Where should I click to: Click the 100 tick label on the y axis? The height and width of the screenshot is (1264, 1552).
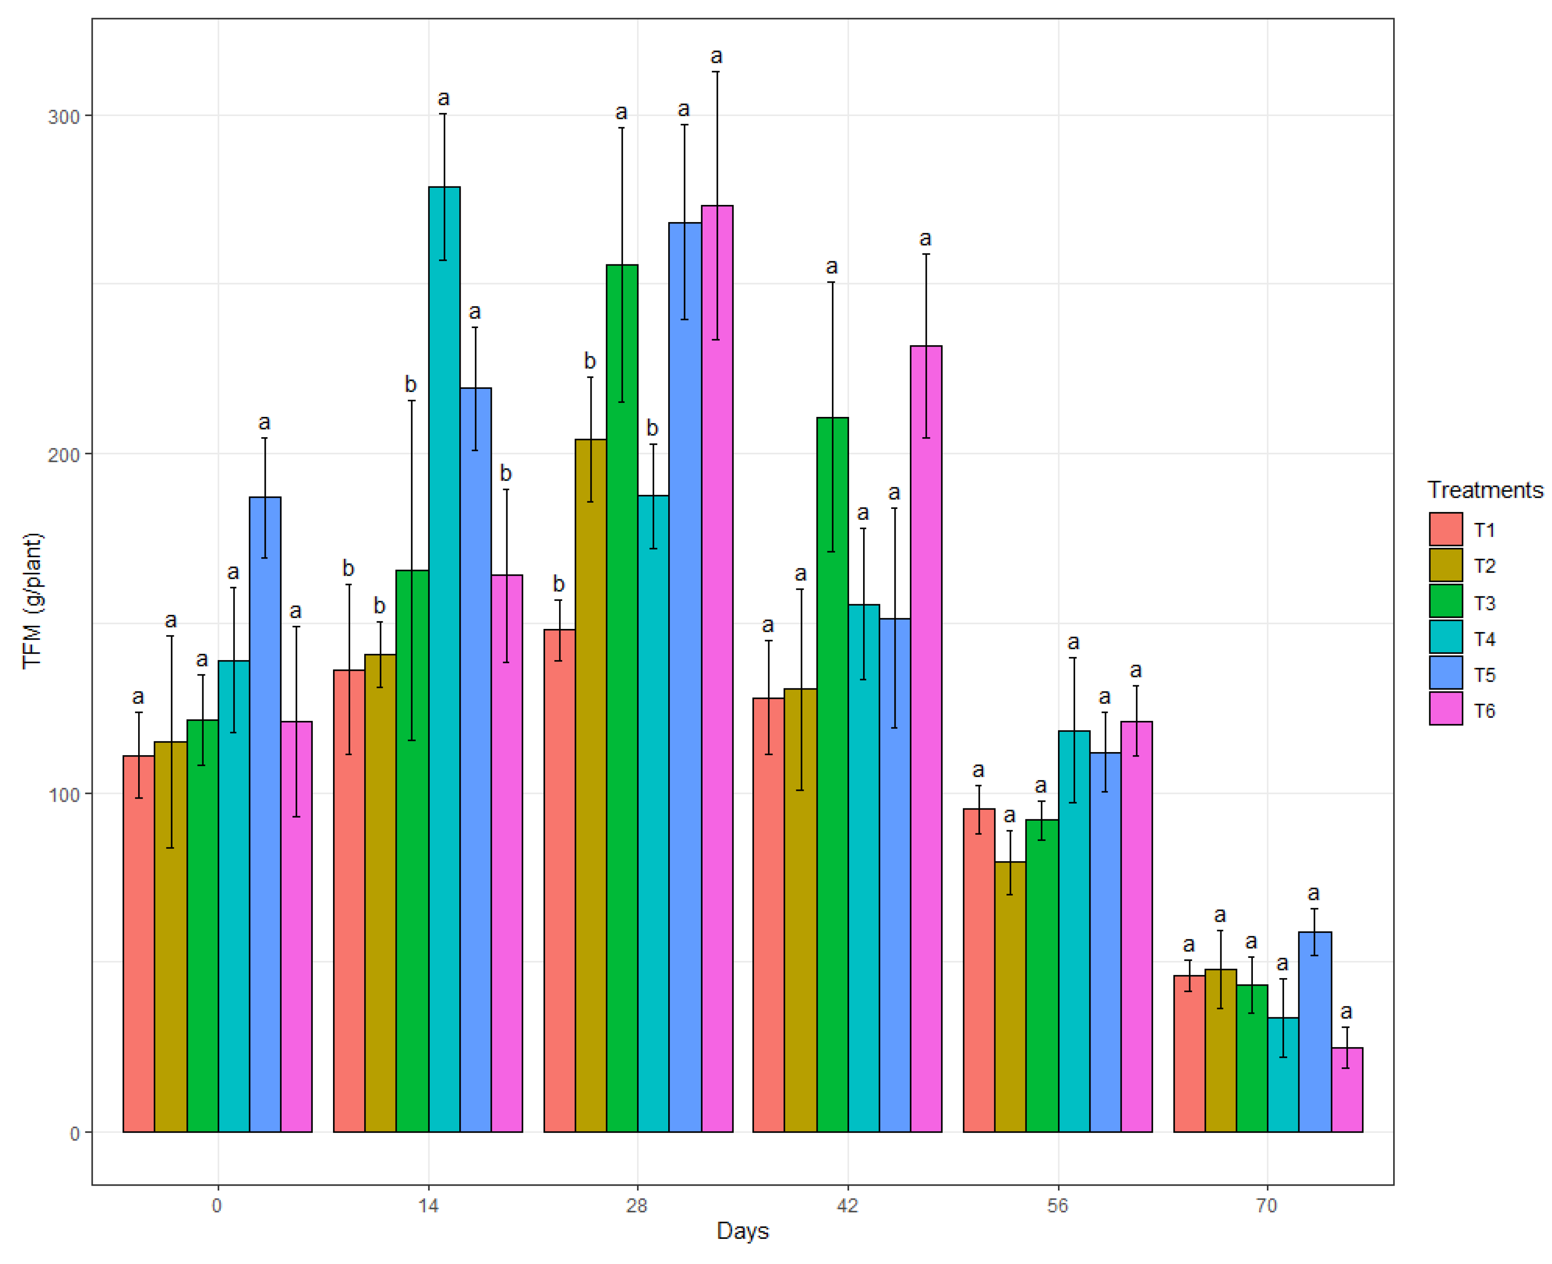[x=63, y=794]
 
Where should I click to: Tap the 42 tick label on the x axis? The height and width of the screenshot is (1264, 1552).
[x=847, y=1206]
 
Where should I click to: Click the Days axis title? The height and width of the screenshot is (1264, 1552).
[x=742, y=1231]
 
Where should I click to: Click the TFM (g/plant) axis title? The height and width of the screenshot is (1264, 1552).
[x=33, y=601]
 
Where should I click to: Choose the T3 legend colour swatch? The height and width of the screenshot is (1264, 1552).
[x=1445, y=601]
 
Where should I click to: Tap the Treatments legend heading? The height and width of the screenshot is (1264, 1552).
[x=1484, y=490]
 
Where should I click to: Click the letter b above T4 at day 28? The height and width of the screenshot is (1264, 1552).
[x=652, y=428]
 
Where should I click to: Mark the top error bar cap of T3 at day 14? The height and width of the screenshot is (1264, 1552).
[x=411, y=401]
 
